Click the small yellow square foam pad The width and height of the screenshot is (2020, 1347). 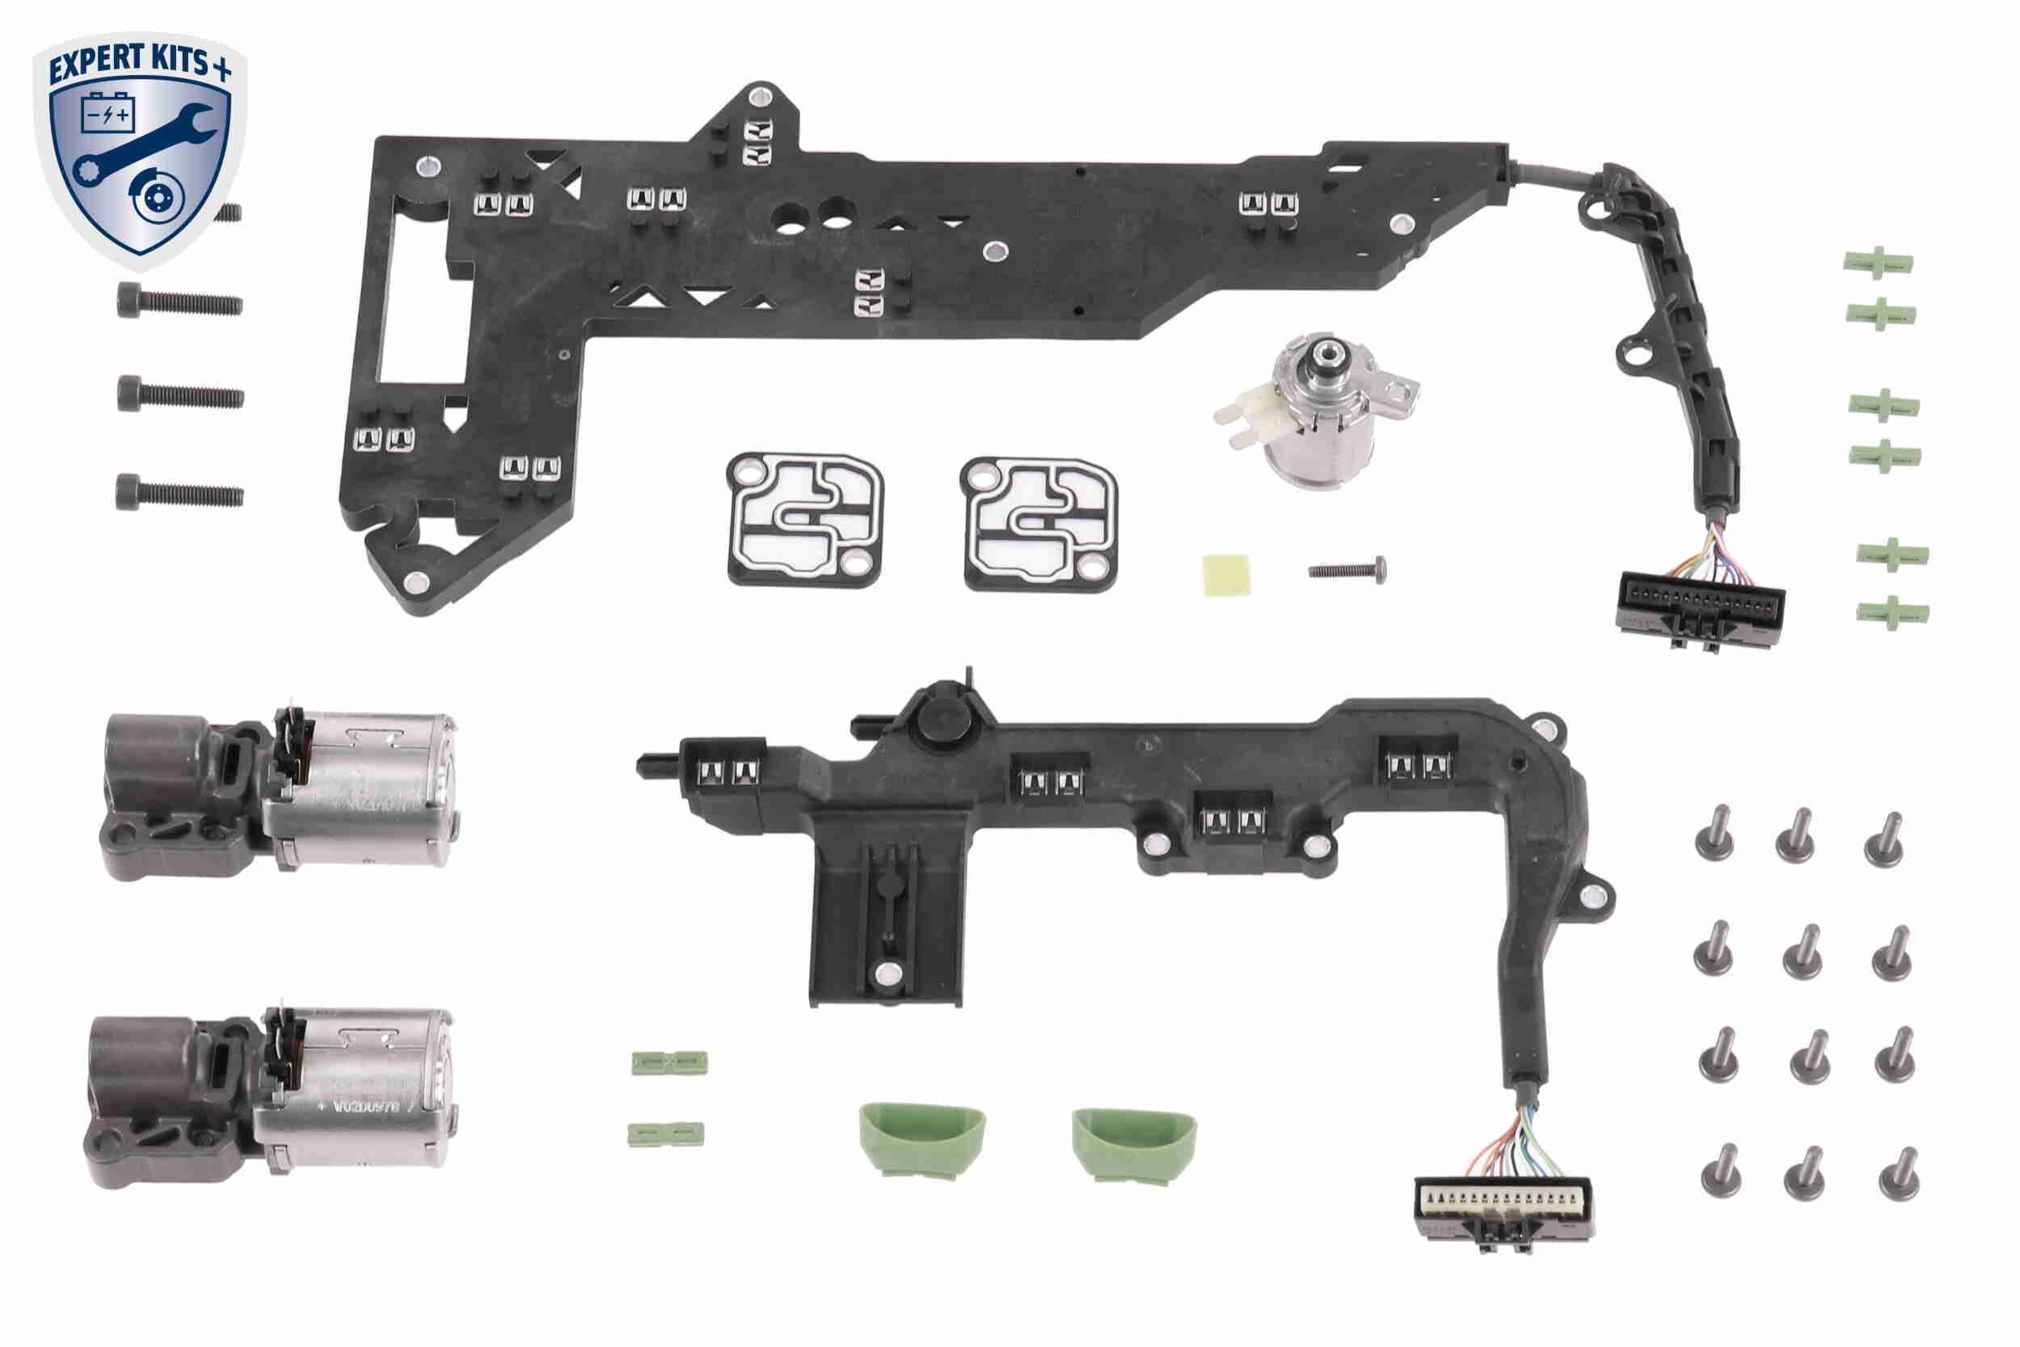[x=1225, y=575]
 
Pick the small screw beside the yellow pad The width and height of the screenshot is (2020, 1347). [x=1347, y=568]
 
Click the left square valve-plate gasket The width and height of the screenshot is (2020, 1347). [x=805, y=521]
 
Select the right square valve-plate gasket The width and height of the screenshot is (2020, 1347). [x=1040, y=523]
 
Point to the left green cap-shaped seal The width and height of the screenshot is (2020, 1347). [x=921, y=1139]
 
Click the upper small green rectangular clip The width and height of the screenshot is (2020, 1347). [x=669, y=1062]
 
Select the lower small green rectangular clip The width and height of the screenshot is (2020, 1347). [x=665, y=1133]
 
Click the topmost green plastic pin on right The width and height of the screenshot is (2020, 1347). [x=1878, y=263]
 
